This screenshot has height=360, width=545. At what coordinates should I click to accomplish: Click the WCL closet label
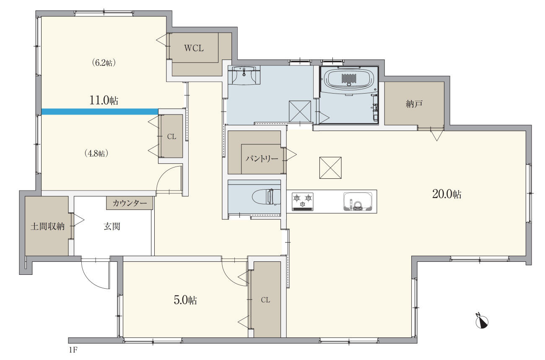click(x=194, y=48)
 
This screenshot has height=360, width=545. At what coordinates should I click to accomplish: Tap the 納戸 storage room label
click(x=414, y=104)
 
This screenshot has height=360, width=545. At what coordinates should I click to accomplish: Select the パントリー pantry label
click(x=262, y=159)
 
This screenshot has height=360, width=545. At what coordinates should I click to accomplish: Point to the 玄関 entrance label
click(x=112, y=227)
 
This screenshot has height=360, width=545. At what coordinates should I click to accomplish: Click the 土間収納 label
click(x=47, y=227)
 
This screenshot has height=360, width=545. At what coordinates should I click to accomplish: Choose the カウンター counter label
click(x=130, y=203)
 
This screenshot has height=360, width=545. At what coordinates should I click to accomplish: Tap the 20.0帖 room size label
click(x=447, y=194)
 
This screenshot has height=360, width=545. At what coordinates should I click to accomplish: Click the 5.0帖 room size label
click(x=185, y=300)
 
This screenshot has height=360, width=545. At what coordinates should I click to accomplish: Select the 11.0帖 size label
click(x=104, y=100)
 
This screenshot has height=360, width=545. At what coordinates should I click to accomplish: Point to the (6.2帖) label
click(x=104, y=63)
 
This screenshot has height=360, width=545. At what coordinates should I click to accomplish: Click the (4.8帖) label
click(x=96, y=154)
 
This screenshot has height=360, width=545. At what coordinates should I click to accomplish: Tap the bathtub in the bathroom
click(x=349, y=78)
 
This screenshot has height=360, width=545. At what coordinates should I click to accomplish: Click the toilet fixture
click(x=266, y=197)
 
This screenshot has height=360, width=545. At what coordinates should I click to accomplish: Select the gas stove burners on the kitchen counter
click(x=302, y=202)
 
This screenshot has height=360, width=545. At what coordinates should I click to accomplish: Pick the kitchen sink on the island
click(x=358, y=202)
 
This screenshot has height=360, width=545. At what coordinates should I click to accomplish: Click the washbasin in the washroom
click(x=246, y=75)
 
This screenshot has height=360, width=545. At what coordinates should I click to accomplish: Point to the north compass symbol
click(x=482, y=322)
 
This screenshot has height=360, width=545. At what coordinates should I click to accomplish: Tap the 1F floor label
click(x=73, y=350)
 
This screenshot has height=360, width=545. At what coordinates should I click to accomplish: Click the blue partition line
click(x=100, y=112)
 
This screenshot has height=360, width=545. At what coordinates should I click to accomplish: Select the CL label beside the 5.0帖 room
click(x=265, y=300)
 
